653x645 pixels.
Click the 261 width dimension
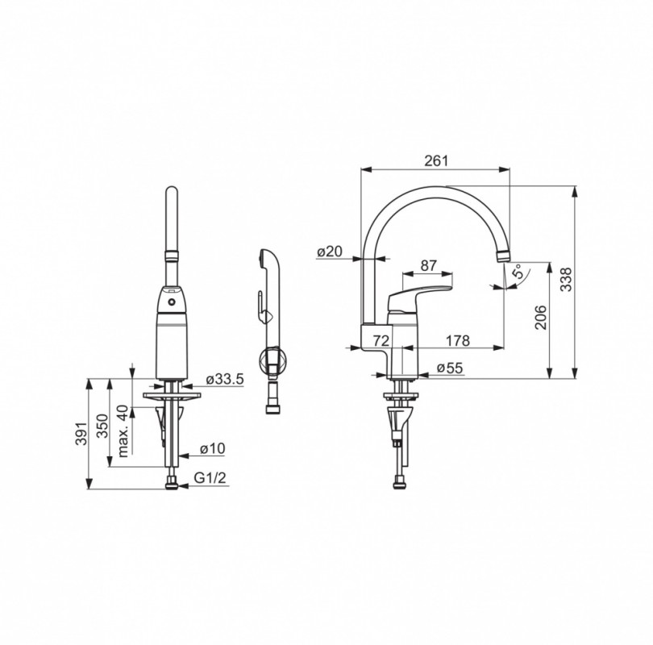[x=436, y=160]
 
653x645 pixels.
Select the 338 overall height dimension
[x=566, y=280]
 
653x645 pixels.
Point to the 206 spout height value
[x=541, y=318]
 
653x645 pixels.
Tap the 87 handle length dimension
[x=429, y=265]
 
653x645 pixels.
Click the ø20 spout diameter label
[x=330, y=251]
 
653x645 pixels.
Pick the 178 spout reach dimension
[x=458, y=340]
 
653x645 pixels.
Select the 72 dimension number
[x=381, y=340]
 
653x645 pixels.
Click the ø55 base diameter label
[x=450, y=368]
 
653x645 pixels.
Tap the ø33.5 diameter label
[x=225, y=379]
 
